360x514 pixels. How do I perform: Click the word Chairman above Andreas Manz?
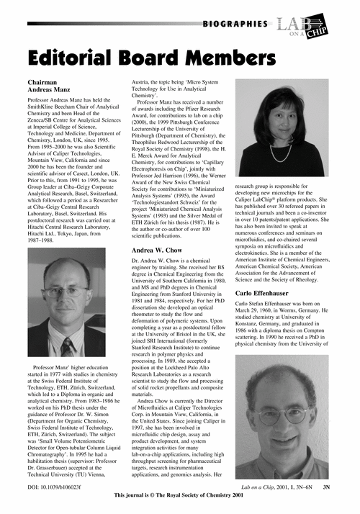point(47,84)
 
